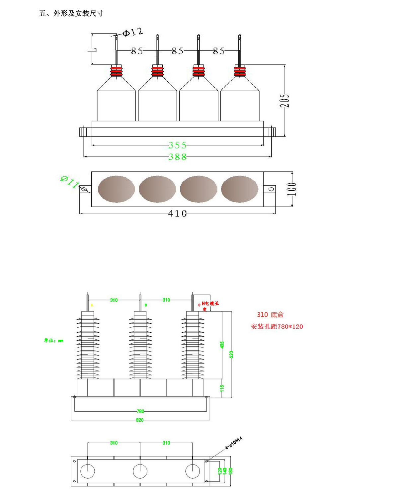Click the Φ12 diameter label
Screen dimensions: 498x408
(x=133, y=33)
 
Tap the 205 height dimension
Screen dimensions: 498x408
(x=285, y=101)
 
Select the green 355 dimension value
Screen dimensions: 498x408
(x=177, y=145)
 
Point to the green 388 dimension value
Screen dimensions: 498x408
(x=177, y=157)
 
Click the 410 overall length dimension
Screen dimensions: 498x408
(x=177, y=213)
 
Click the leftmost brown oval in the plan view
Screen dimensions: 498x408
(x=116, y=189)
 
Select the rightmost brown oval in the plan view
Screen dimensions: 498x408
(x=239, y=189)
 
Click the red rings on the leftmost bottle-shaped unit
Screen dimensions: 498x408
(x=116, y=71)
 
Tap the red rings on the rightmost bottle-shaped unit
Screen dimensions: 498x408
(x=240, y=71)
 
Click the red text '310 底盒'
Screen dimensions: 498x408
(x=270, y=315)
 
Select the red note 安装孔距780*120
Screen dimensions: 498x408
(x=277, y=327)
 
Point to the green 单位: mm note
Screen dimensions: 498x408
(x=53, y=341)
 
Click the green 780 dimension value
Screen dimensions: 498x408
(x=140, y=411)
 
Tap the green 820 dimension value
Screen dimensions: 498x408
(x=140, y=420)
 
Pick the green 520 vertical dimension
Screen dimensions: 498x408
(x=231, y=354)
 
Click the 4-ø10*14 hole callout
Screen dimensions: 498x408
(x=234, y=443)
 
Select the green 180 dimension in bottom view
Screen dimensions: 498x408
(x=230, y=471)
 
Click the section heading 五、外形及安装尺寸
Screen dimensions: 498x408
(x=71, y=13)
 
